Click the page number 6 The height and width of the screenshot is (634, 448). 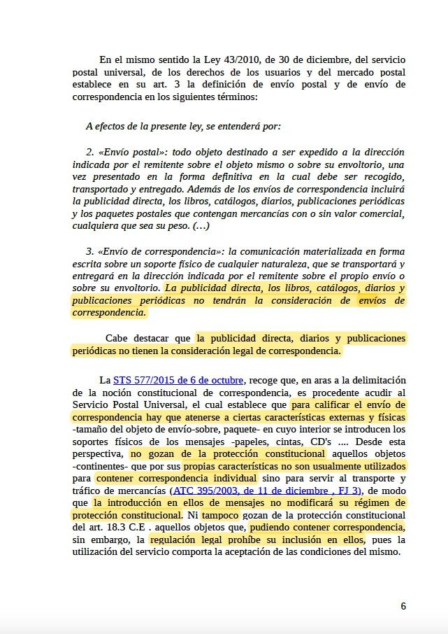(x=403, y=606)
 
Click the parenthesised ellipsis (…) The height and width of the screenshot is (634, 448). (x=201, y=225)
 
